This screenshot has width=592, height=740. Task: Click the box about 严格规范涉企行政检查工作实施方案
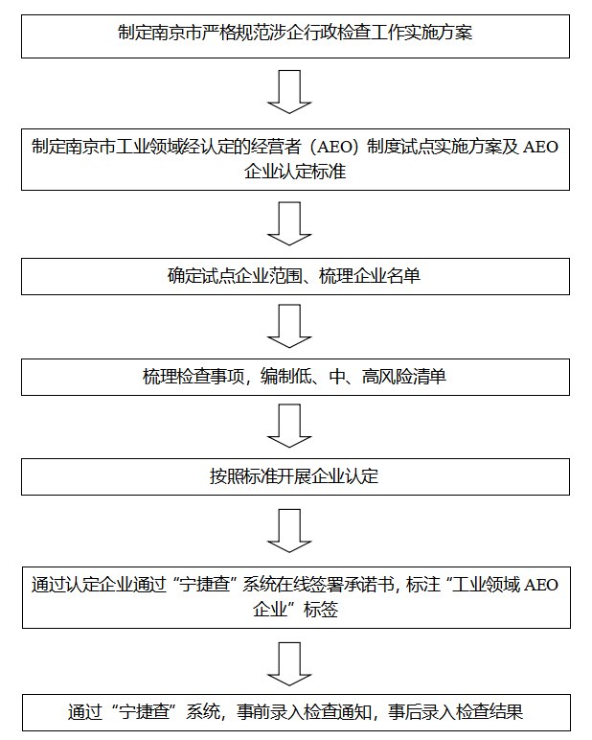[x=295, y=34]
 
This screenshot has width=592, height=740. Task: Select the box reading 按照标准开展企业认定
[x=295, y=476]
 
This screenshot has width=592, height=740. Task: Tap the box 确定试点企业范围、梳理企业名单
[x=295, y=277]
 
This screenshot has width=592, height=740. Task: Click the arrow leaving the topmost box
[x=289, y=92]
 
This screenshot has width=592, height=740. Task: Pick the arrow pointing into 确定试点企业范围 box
[x=289, y=223]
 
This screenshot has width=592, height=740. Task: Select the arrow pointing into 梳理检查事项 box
[x=289, y=326]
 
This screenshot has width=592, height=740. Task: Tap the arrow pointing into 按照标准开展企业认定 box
[x=289, y=426]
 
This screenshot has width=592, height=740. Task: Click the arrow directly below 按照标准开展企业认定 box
[x=289, y=530]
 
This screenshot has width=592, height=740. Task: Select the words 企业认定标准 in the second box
[x=295, y=173]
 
